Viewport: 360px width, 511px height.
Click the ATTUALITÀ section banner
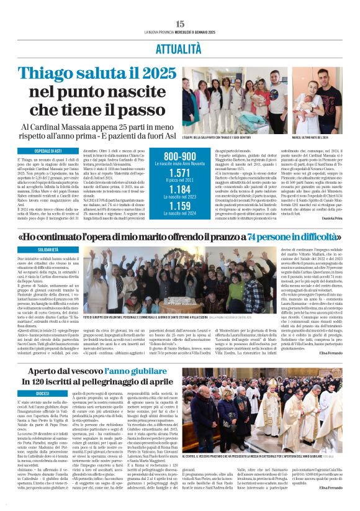179,47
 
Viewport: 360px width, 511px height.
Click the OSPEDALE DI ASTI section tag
37,152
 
